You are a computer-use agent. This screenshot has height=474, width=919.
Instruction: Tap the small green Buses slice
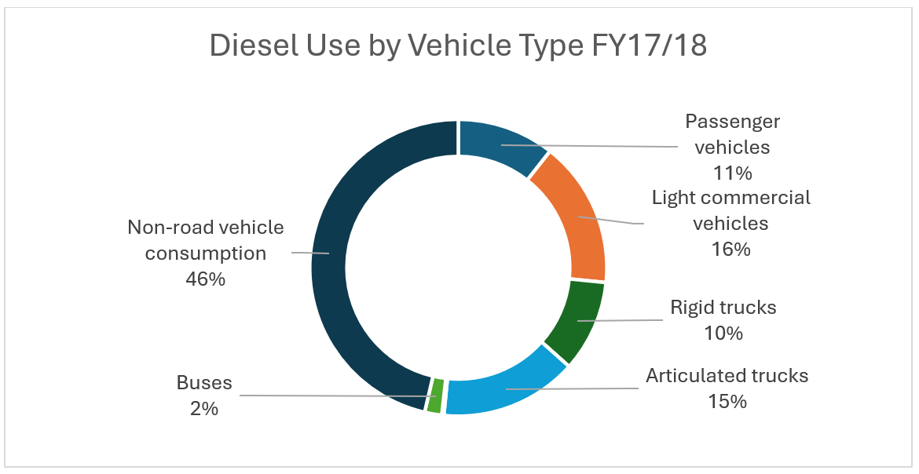(435, 396)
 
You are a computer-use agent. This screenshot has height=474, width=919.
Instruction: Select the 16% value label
(730, 249)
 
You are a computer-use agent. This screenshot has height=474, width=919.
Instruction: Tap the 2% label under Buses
(203, 408)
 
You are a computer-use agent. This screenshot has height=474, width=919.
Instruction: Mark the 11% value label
(732, 172)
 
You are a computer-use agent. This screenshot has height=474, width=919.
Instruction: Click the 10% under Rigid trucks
(723, 333)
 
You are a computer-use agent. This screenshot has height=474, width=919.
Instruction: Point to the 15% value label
(727, 401)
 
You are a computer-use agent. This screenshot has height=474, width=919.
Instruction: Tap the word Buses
(204, 383)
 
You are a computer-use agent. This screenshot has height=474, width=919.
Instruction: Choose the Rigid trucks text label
(723, 307)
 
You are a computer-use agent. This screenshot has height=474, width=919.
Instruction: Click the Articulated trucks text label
(727, 376)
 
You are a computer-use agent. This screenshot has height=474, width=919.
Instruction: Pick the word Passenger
(732, 122)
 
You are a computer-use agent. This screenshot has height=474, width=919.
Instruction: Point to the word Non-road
(166, 228)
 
